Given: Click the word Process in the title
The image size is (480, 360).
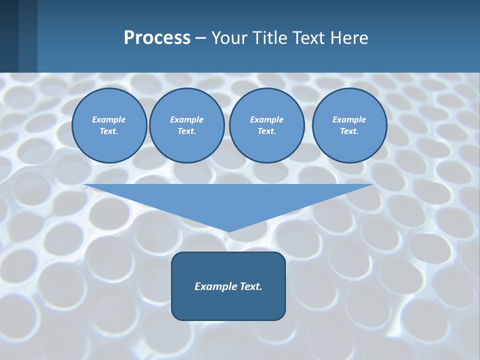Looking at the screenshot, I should (x=157, y=38).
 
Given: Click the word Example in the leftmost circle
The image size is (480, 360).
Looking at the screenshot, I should (x=109, y=119).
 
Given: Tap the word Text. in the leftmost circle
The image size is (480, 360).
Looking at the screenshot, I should (x=109, y=131).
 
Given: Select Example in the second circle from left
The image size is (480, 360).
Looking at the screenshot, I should (x=186, y=119).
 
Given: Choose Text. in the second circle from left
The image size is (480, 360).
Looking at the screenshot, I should (x=186, y=131).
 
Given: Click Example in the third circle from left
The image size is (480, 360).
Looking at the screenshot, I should (x=266, y=119).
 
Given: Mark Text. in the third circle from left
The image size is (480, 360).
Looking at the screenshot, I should (x=266, y=131).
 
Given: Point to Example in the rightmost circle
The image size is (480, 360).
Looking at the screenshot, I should (x=349, y=119).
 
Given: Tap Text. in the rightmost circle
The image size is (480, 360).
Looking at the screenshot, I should (x=349, y=131).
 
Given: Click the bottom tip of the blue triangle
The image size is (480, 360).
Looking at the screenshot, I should (x=228, y=231).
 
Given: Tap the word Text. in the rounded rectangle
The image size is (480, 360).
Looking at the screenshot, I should (x=250, y=286).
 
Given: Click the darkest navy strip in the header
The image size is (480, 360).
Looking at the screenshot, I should (x=9, y=36).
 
